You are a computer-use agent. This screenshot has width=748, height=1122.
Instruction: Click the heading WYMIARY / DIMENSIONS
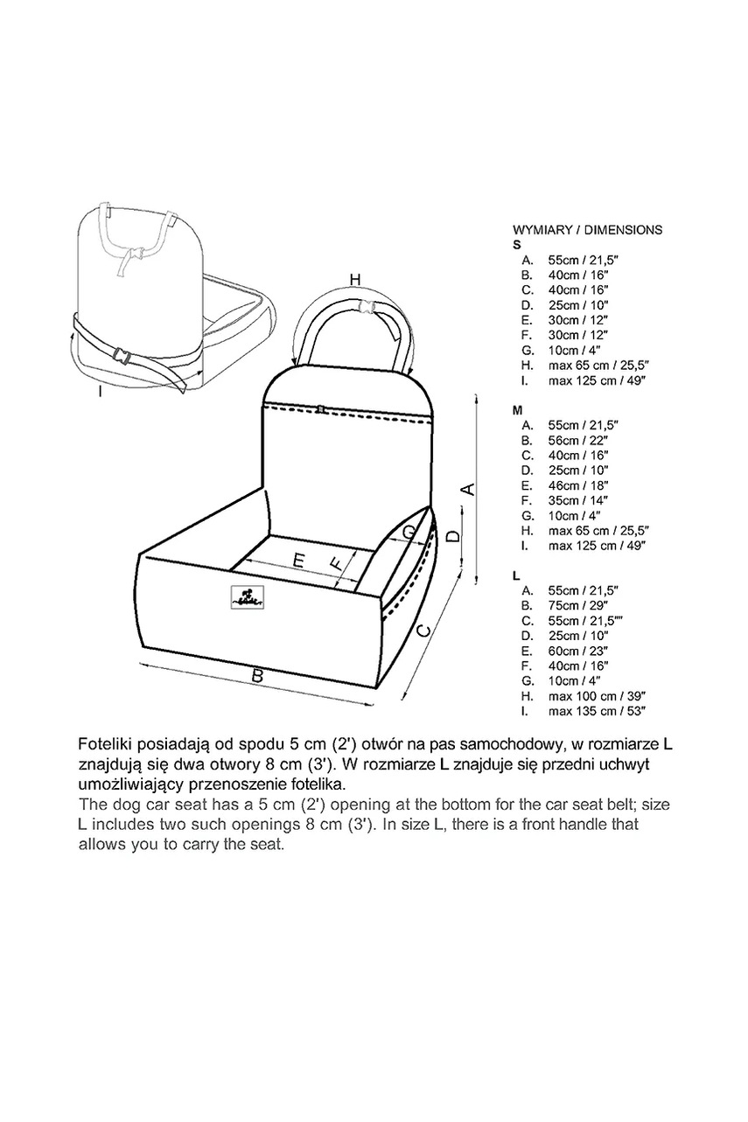click(587, 231)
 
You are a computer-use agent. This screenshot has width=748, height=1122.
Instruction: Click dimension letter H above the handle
click(354, 279)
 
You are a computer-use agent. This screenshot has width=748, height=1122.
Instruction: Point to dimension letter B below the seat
click(257, 675)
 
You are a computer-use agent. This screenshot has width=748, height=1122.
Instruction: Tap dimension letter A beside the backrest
click(468, 489)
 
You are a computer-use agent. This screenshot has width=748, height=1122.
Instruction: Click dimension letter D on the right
click(452, 535)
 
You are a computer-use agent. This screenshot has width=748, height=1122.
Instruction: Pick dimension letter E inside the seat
click(298, 562)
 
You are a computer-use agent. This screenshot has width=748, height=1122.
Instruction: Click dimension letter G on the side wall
click(409, 532)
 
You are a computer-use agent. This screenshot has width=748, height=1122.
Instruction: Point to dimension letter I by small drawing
click(101, 393)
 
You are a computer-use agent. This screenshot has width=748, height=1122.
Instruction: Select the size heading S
click(516, 246)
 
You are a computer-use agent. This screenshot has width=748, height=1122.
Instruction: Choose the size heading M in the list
click(518, 409)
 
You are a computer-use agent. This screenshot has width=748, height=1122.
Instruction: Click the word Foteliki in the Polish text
click(104, 745)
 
